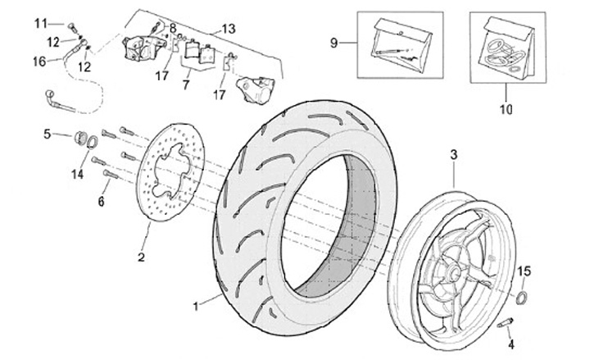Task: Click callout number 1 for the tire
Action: pos(196,307)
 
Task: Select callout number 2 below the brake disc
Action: pos(140,257)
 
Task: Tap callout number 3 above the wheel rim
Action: pos(453,153)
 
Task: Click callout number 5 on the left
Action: pos(48,133)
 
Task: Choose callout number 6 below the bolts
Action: pos(102,202)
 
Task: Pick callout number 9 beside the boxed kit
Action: pos(334,42)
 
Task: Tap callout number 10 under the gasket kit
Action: pos(505,107)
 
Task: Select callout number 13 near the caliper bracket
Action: pos(228,29)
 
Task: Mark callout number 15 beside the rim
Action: pos(525,270)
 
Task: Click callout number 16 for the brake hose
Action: pos(39,61)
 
